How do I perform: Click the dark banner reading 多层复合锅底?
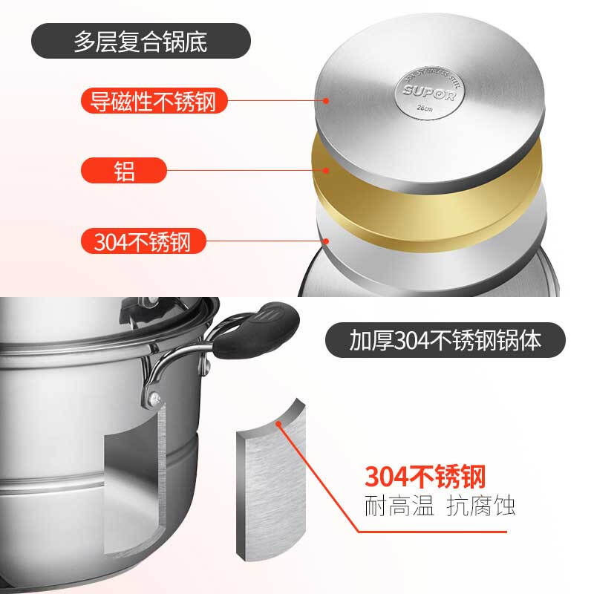coord(140,42)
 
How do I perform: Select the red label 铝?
coord(125,171)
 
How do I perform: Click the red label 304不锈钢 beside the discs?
coord(142,242)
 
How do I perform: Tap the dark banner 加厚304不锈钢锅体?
coord(446,341)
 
